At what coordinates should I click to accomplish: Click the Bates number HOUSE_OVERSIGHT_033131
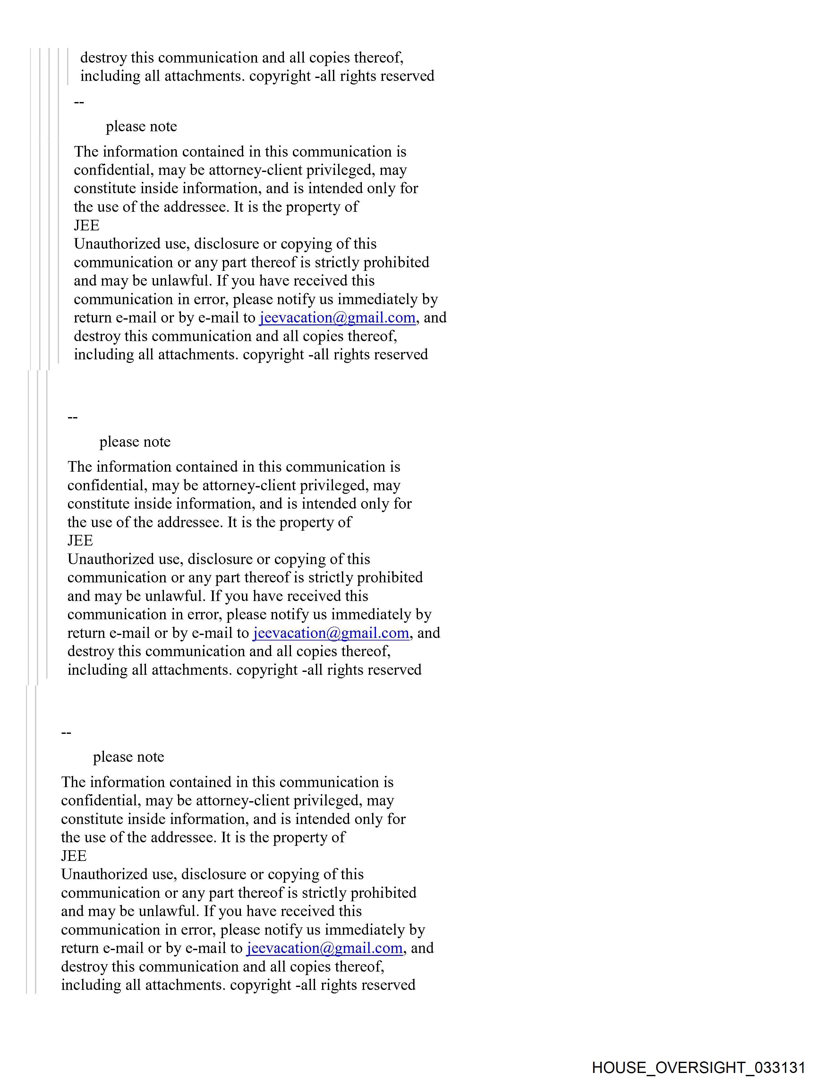point(698,1067)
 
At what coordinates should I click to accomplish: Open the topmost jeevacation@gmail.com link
point(337,318)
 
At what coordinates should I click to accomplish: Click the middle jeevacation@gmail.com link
point(331,633)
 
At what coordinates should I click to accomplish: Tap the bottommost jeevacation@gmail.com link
point(324,948)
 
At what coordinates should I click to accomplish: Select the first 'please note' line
point(141,126)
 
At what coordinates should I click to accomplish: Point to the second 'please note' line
point(135,442)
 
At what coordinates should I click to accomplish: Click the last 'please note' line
point(129,757)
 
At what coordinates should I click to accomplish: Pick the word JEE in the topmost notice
point(87,225)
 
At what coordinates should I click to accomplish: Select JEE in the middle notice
point(80,540)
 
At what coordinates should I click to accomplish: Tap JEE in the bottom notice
point(74,856)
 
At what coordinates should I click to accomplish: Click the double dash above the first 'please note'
point(79,102)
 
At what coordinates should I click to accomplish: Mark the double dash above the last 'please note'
point(66,733)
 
